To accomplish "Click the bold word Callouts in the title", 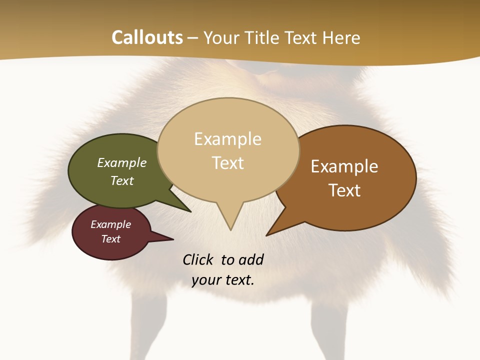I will coord(147,37).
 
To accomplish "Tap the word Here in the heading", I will coord(341,37).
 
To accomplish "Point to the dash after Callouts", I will coord(193,38).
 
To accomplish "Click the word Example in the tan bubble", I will coord(227,139).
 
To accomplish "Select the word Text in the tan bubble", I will coord(228,163).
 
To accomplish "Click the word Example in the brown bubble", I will coord(344,166).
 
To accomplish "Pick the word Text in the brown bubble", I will coord(344,190).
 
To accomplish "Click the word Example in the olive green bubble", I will coord(121,162).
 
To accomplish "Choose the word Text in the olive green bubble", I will coord(121,180).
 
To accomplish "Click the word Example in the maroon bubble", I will coord(110,224).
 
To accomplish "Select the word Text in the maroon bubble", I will coord(110,239).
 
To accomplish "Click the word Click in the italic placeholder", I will coord(197,259).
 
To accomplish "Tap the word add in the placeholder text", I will coord(251,259).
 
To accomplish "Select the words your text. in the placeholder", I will coord(223,280).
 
